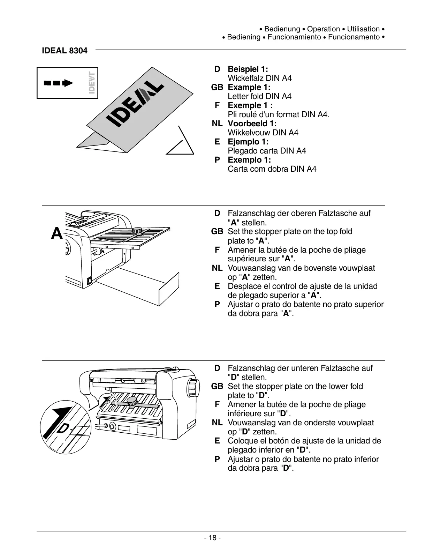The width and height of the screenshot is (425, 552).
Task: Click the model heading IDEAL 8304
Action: pyautogui.click(x=64, y=51)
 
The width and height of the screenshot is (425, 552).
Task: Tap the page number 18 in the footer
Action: pyautogui.click(x=212, y=538)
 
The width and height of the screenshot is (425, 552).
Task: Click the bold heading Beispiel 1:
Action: pyautogui.click(x=248, y=69)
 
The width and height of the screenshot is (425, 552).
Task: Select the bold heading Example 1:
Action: pyautogui.click(x=249, y=87)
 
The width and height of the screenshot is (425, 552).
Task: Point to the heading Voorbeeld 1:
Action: pyautogui.click(x=252, y=124)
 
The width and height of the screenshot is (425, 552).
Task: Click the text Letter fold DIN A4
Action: pyautogui.click(x=259, y=96)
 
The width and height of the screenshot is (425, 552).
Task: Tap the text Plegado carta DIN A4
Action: pyautogui.click(x=267, y=151)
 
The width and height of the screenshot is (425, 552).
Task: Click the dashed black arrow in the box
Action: pyautogui.click(x=58, y=83)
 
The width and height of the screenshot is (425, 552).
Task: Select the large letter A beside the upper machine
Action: pyautogui.click(x=57, y=233)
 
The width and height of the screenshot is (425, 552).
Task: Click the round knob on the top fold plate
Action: pyautogui.click(x=137, y=231)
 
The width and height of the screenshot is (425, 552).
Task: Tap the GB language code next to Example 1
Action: pyautogui.click(x=217, y=87)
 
